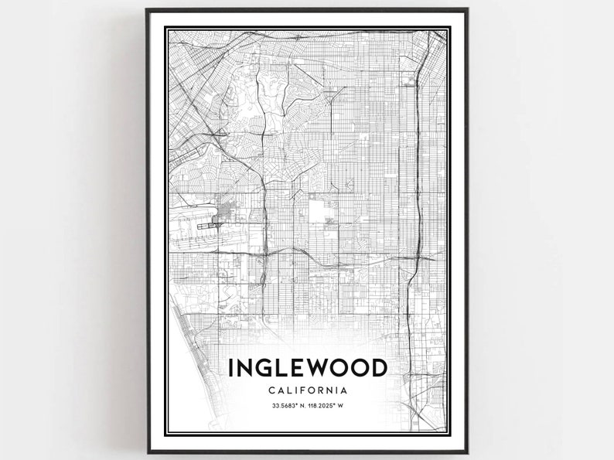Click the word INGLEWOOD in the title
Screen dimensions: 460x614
click(307, 368)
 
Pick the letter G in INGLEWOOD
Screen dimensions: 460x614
click(264, 368)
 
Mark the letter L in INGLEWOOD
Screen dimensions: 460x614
click(282, 368)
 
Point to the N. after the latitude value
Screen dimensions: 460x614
click(298, 407)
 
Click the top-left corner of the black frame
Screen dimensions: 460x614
click(147, 11)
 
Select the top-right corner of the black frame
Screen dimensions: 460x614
click(466, 11)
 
